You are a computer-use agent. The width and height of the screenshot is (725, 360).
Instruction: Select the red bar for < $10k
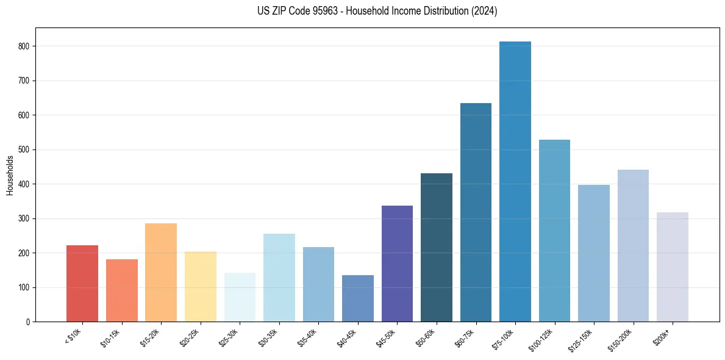point(82,284)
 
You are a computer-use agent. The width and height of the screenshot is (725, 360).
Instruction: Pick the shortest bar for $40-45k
point(358,298)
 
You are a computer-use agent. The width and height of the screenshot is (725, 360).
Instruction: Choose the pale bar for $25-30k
point(240,297)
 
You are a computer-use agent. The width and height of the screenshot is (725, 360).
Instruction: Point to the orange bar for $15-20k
point(161,273)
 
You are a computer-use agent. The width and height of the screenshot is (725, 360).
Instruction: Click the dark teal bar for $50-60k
point(437,248)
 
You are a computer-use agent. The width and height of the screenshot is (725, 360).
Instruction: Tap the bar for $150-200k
point(633,246)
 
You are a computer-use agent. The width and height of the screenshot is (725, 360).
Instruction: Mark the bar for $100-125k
point(554,231)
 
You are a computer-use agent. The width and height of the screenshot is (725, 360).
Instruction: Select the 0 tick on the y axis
point(28,322)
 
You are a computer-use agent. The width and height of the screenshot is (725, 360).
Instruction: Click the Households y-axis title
point(10,175)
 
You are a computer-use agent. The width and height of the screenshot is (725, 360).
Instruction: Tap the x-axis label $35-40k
point(309,337)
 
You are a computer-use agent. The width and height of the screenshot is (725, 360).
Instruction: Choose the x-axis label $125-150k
point(582,339)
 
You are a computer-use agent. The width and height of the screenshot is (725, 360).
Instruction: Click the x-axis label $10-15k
point(112,337)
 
